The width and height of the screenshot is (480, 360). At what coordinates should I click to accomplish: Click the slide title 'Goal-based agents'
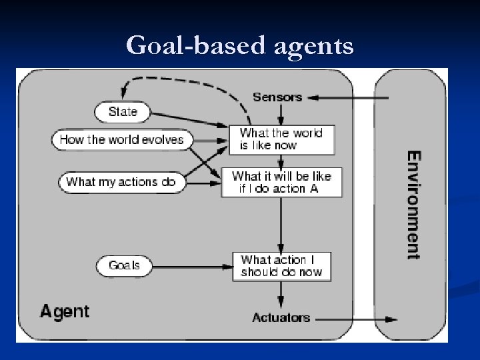(x=239, y=45)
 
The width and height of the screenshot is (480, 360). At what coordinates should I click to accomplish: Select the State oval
(x=122, y=111)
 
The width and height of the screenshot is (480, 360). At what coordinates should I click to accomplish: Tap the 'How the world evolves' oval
(x=121, y=139)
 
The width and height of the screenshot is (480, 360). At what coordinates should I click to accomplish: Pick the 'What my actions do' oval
(x=121, y=181)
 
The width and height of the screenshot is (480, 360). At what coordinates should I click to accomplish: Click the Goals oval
(x=124, y=265)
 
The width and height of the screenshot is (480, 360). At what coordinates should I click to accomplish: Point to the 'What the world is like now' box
(x=281, y=139)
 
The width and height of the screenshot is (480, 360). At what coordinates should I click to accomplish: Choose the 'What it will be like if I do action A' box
(x=281, y=182)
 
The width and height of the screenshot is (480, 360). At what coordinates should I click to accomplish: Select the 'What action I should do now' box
(x=281, y=265)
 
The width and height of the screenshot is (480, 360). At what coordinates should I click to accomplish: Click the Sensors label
(x=277, y=97)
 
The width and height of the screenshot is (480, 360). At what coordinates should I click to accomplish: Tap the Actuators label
(x=281, y=317)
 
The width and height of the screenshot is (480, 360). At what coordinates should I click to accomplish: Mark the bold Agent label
(x=65, y=311)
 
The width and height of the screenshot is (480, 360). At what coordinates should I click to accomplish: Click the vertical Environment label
(x=414, y=205)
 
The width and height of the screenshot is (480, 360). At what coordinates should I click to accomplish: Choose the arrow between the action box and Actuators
(x=281, y=294)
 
